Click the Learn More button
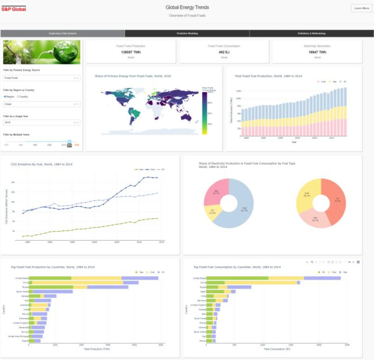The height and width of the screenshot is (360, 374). [x=361, y=8]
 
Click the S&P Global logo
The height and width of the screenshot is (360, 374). [x=14, y=8]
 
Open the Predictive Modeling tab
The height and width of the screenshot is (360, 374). [x=187, y=34]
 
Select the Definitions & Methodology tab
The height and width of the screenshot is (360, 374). [x=311, y=34]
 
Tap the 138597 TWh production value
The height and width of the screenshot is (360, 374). [x=130, y=52]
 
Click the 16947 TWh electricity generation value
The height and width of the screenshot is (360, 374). [x=317, y=52]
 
